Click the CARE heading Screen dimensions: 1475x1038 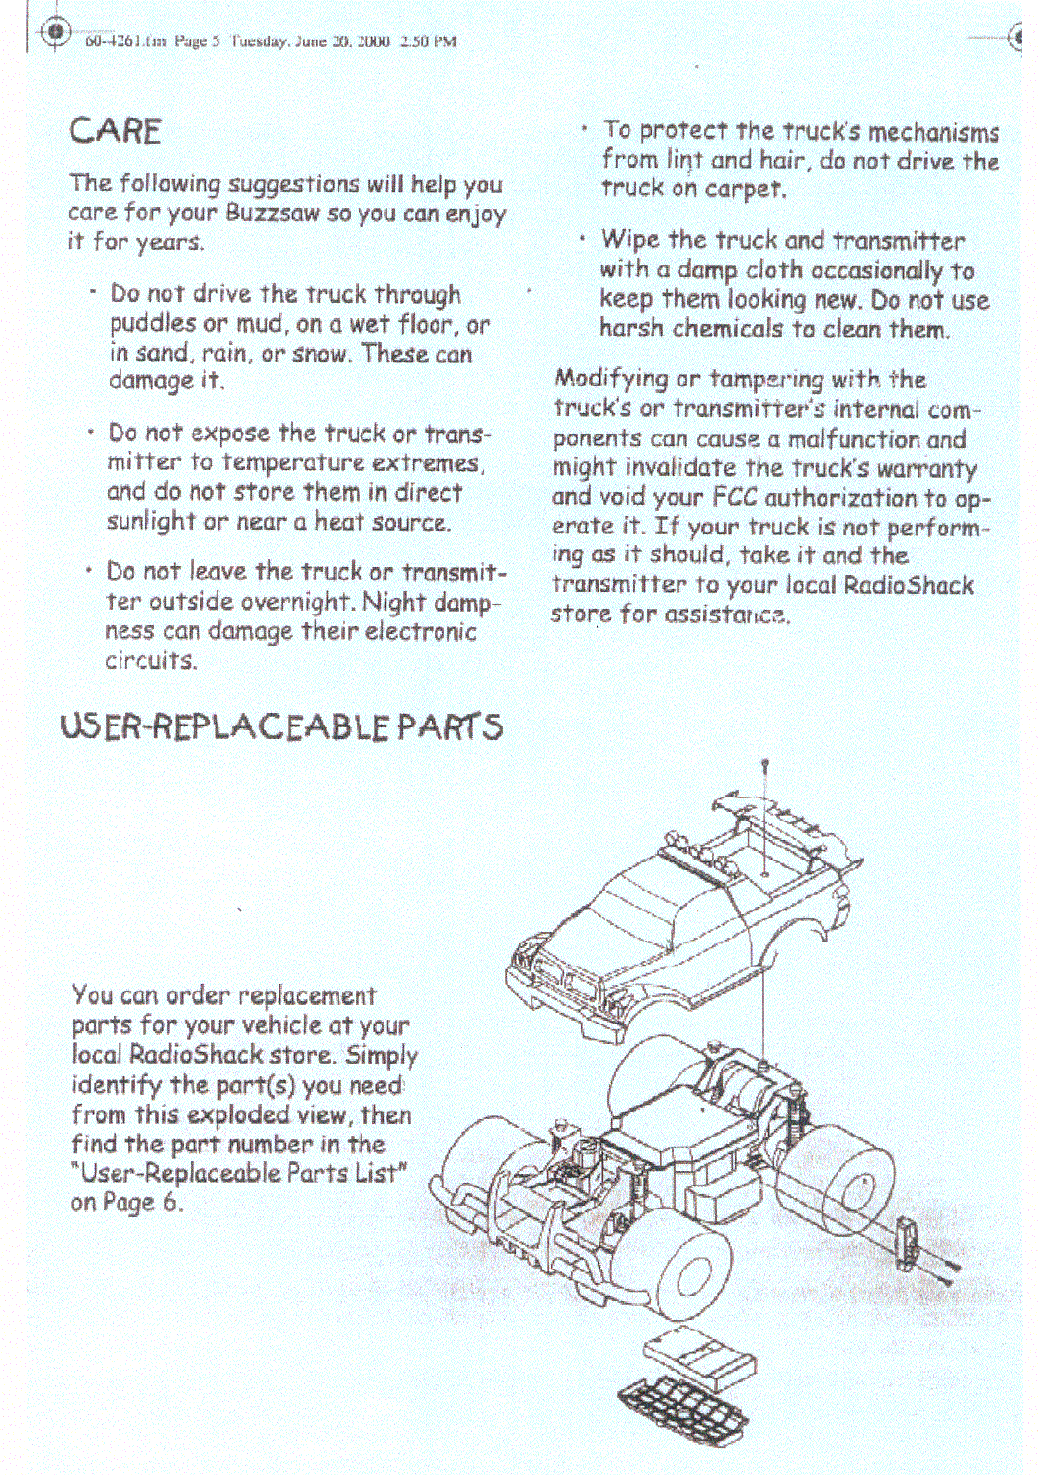tap(116, 131)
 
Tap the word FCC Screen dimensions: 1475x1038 tap(735, 497)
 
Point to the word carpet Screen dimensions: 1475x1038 tap(744, 188)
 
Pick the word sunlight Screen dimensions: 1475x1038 tap(151, 522)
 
